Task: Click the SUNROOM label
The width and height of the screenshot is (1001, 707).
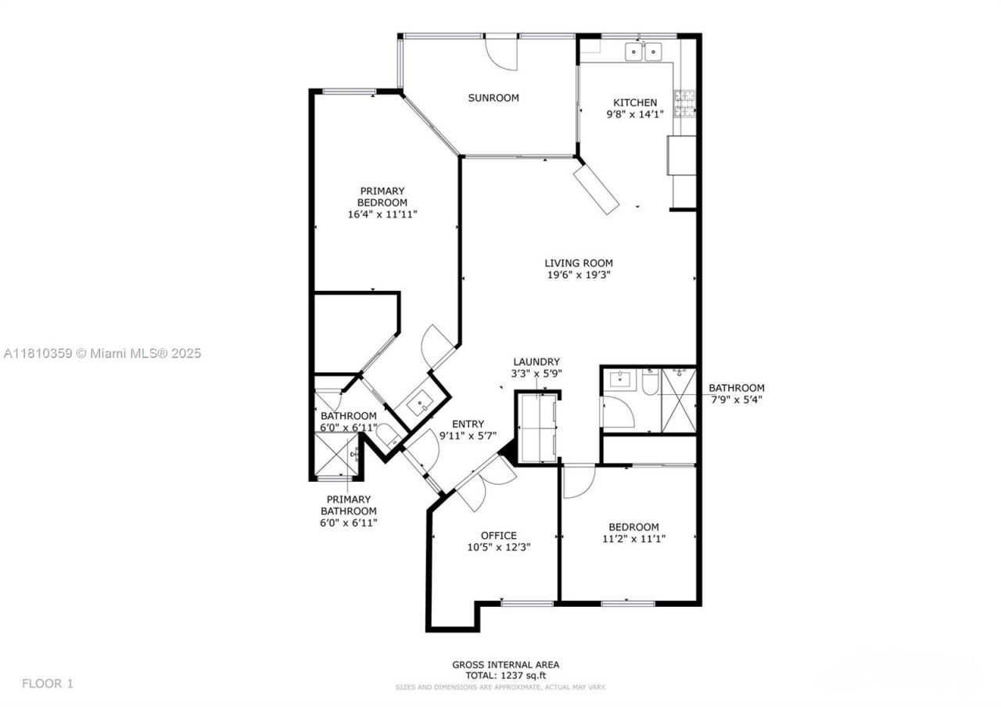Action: [x=493, y=98]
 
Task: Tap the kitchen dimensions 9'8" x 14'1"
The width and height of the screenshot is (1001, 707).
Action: [x=635, y=114]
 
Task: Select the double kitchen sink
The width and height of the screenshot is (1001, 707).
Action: [x=643, y=52]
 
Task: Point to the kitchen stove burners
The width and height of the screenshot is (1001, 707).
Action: [x=686, y=102]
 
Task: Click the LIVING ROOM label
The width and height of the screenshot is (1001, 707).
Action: [x=579, y=264]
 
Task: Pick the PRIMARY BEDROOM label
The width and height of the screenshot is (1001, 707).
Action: [x=382, y=196]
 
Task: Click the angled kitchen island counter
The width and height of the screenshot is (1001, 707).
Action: [x=597, y=189]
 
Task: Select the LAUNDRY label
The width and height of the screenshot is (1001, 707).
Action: [x=536, y=361]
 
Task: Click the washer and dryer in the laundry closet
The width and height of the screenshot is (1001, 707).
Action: [x=537, y=429]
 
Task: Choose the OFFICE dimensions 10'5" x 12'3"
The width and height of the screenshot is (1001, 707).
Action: [x=499, y=547]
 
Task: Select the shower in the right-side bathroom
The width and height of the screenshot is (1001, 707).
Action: [x=678, y=399]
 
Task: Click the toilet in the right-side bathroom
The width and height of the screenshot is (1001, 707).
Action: [x=651, y=381]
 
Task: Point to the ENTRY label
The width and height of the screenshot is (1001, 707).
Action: [x=468, y=424]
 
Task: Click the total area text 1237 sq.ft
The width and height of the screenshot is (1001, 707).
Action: [x=505, y=675]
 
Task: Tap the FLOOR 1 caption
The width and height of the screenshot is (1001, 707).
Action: [x=47, y=684]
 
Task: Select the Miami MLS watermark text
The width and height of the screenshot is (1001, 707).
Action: [x=102, y=353]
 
